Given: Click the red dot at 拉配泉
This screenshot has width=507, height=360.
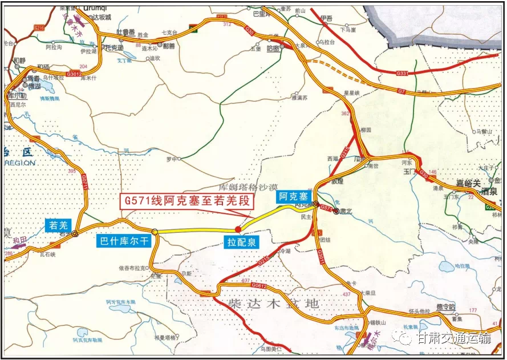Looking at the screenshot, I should [238, 229].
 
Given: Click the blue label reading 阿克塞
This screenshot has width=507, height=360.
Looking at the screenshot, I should [293, 197].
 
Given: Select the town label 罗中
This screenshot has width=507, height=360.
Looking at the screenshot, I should [171, 159].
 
